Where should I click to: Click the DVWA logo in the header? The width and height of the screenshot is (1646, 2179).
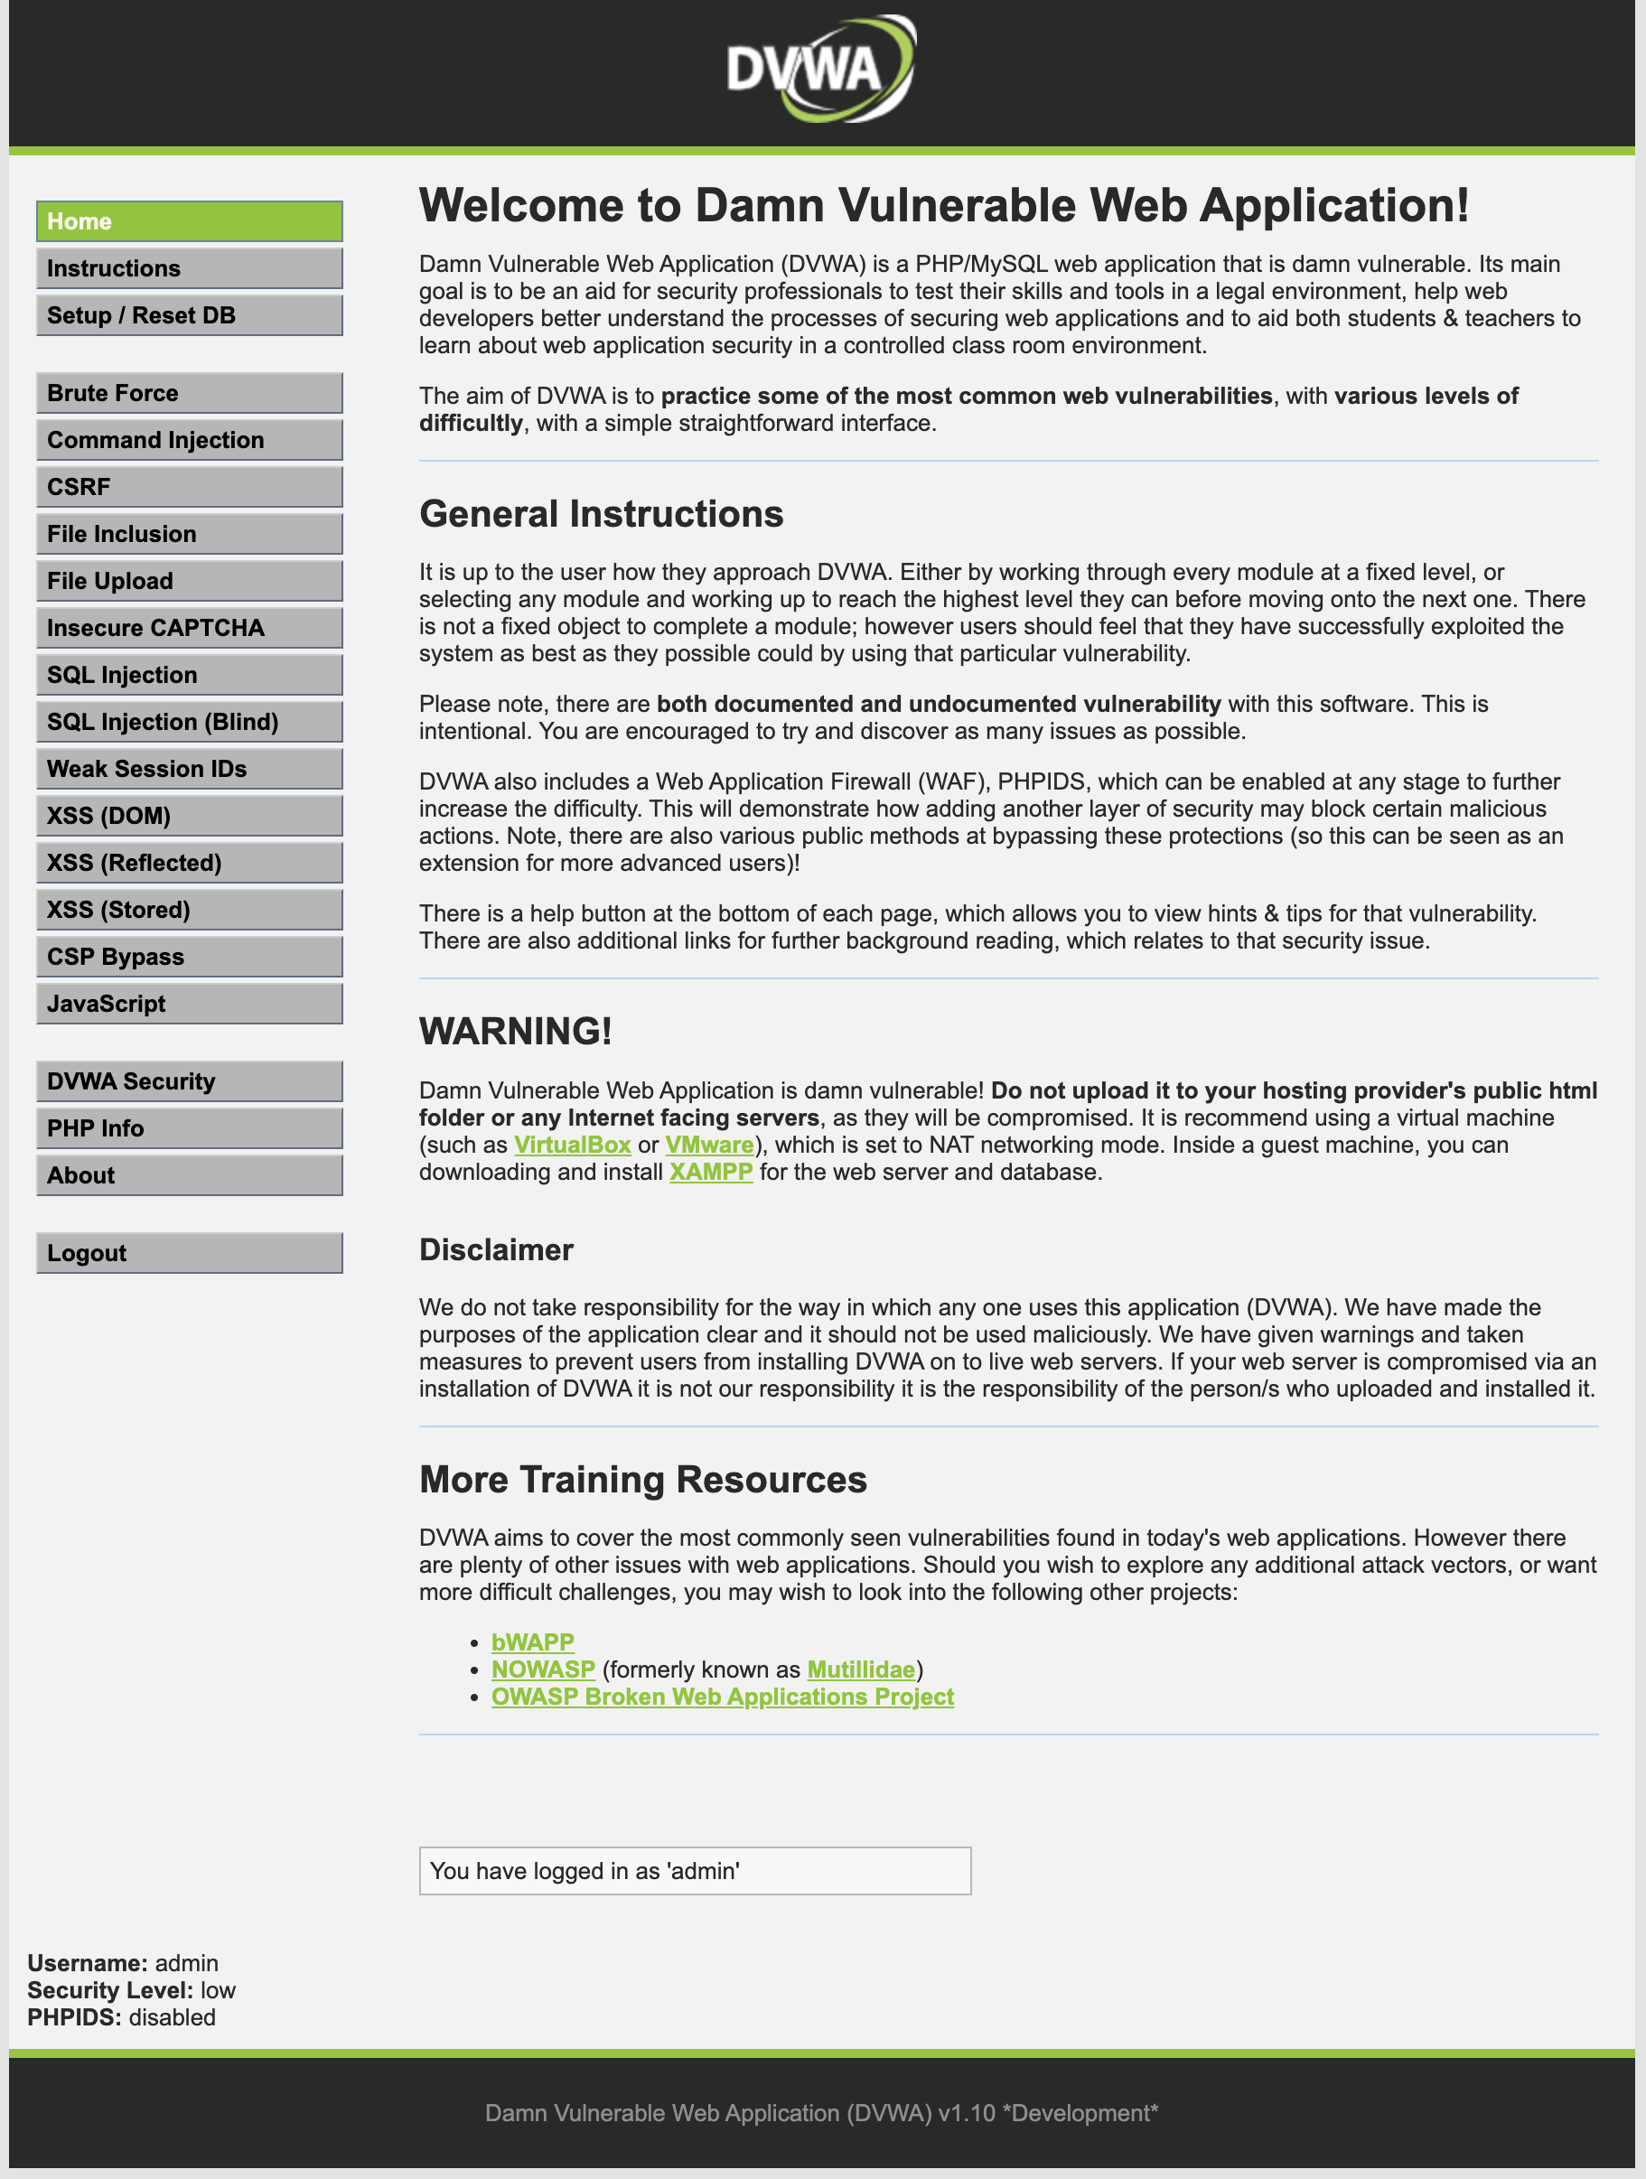click(821, 69)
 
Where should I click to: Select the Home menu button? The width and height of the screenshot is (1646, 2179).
click(189, 221)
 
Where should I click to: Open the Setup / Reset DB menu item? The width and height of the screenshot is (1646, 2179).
click(189, 315)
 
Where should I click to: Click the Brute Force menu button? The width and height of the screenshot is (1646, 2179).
click(189, 393)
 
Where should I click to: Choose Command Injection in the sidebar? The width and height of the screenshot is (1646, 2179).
click(189, 440)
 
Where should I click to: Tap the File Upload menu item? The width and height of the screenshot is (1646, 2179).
click(189, 581)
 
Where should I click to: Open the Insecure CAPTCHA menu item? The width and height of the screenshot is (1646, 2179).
click(189, 629)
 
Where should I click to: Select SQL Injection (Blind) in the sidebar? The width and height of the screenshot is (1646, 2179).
click(189, 722)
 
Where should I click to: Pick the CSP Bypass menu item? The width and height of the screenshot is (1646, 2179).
click(189, 958)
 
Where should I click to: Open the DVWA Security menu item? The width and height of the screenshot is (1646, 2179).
click(189, 1081)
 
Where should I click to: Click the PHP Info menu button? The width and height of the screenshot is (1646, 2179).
click(189, 1129)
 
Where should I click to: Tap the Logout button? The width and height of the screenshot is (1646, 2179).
click(189, 1253)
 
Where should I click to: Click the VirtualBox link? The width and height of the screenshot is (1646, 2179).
click(573, 1146)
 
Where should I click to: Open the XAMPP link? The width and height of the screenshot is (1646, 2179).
click(710, 1173)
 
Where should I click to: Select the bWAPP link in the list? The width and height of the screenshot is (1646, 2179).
click(533, 1643)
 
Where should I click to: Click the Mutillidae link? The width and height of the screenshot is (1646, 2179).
click(860, 1670)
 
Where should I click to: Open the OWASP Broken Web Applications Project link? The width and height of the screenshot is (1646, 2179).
click(722, 1697)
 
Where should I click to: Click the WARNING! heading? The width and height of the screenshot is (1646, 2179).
click(515, 1032)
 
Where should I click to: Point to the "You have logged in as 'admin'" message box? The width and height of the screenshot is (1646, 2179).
click(695, 1872)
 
